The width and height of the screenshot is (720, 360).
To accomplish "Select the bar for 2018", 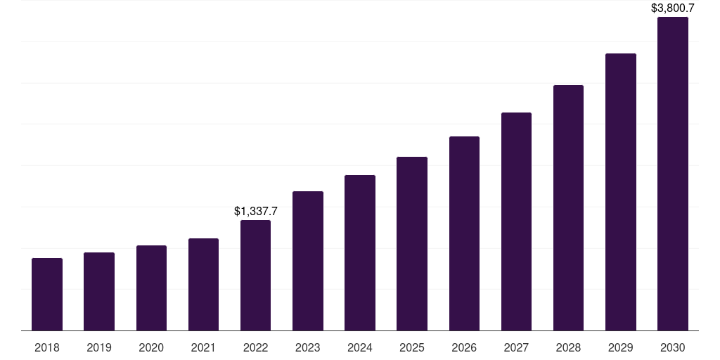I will pyautogui.click(x=47, y=295).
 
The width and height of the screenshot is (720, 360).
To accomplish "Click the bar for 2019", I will pyautogui.click(x=99, y=292).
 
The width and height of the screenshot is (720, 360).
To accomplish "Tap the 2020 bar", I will pyautogui.click(x=151, y=288).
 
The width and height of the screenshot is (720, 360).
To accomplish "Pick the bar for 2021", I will pyautogui.click(x=203, y=285).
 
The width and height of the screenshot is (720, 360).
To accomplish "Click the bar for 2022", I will pyautogui.click(x=255, y=276).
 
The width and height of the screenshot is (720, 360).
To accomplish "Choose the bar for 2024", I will pyautogui.click(x=360, y=253).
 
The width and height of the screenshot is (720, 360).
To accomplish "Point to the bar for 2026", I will pyautogui.click(x=464, y=233).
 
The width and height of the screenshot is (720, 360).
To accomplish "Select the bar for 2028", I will pyautogui.click(x=568, y=208).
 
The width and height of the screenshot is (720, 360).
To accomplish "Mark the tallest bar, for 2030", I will pyautogui.click(x=673, y=174).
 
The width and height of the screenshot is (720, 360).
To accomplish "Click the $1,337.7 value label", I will pyautogui.click(x=256, y=211).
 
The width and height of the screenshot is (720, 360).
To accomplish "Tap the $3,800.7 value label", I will pyautogui.click(x=673, y=8).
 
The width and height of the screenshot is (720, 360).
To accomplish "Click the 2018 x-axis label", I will pyautogui.click(x=47, y=347).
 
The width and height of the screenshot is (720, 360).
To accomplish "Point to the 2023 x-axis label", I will pyautogui.click(x=308, y=347).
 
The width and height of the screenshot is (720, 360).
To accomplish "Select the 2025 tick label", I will pyautogui.click(x=412, y=347).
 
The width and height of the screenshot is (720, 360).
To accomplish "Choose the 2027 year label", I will pyautogui.click(x=516, y=347).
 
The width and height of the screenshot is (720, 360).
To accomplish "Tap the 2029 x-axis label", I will pyautogui.click(x=621, y=347).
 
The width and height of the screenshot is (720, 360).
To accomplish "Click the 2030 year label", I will pyautogui.click(x=673, y=347).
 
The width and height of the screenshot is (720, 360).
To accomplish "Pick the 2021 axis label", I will pyautogui.click(x=203, y=347).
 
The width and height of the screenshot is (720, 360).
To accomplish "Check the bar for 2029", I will pyautogui.click(x=621, y=192).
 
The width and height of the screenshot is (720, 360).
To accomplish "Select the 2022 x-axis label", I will pyautogui.click(x=255, y=347).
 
